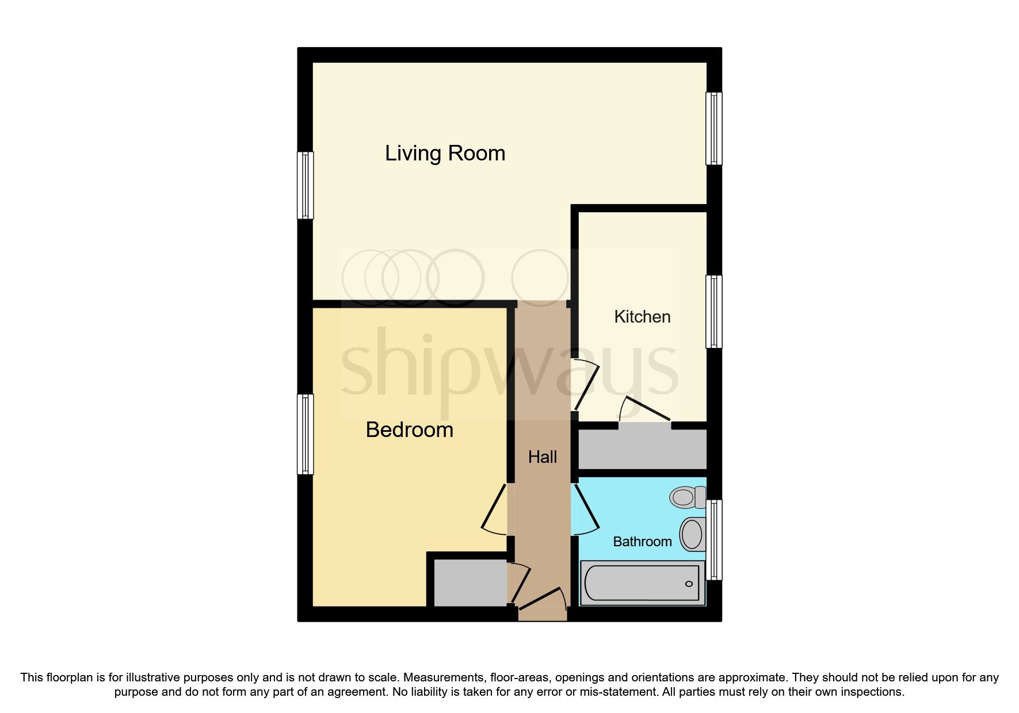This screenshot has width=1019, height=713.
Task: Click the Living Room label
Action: click(x=445, y=154)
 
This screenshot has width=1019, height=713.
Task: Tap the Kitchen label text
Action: click(x=642, y=317)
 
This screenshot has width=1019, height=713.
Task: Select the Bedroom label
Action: click(x=409, y=430)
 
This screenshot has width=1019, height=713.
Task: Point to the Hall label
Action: click(x=543, y=457)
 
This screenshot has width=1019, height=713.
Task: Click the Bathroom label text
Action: click(x=642, y=542)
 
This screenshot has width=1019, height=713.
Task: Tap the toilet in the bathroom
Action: click(x=686, y=497)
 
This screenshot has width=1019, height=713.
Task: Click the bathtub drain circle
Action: click(x=689, y=584)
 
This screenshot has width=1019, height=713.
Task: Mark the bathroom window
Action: click(x=713, y=539)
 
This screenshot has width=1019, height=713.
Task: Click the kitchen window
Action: click(x=713, y=311)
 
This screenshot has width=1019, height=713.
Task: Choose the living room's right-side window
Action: click(x=713, y=128)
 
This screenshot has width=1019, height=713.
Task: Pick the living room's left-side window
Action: click(x=306, y=185)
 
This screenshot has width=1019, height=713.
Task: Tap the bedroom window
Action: click(x=306, y=434)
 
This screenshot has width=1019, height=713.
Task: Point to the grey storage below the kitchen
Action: click(x=642, y=449)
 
